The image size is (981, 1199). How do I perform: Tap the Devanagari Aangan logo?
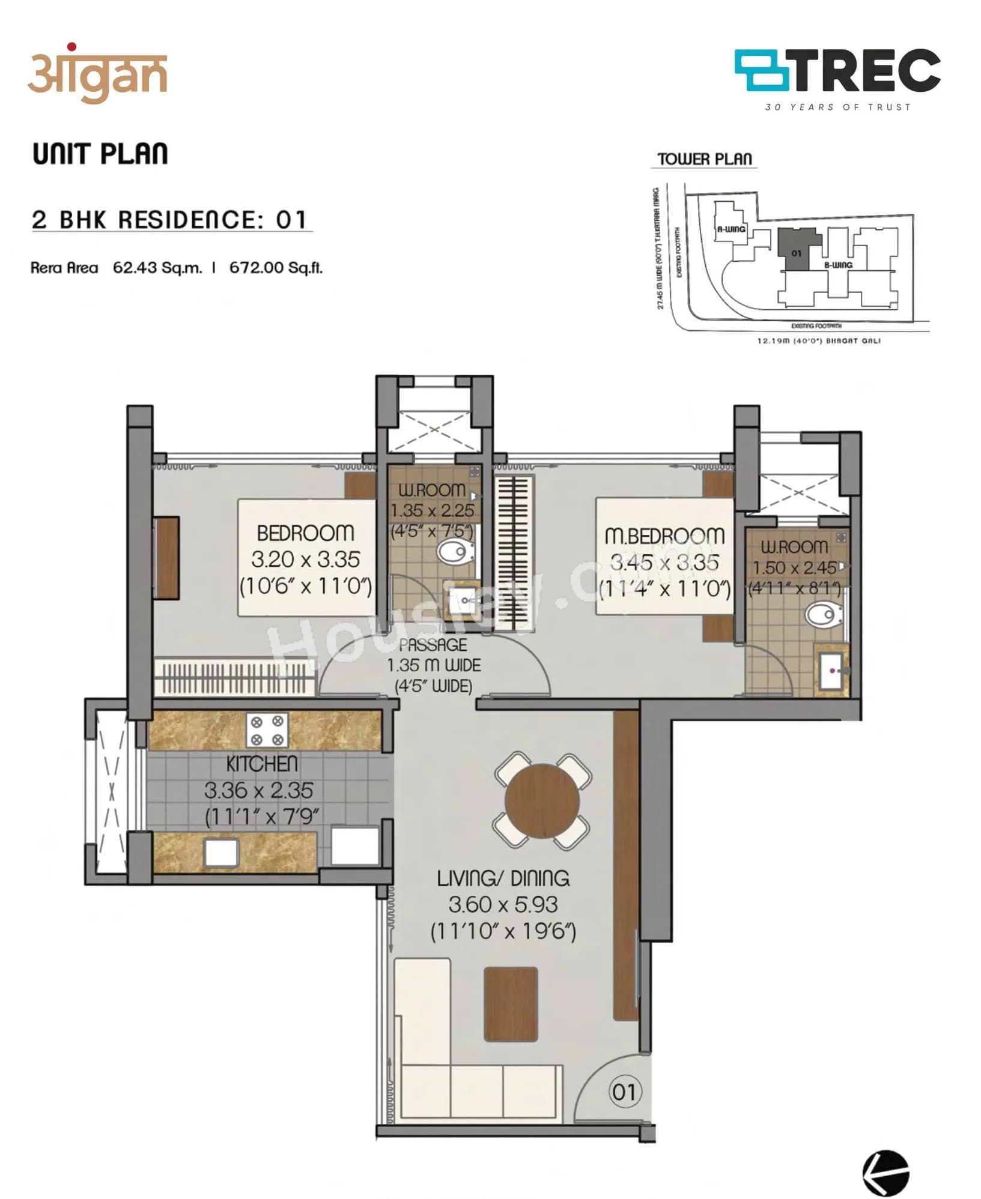click(97, 75)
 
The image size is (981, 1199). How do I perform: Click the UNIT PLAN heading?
click(100, 154)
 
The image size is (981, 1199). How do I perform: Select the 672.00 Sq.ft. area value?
click(276, 268)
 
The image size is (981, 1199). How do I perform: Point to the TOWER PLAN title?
click(704, 159)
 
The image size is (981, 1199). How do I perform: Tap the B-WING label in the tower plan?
click(838, 265)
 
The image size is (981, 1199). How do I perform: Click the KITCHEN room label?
click(262, 764)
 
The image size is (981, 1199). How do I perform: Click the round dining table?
click(542, 800)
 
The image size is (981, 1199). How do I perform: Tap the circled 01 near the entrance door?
click(625, 1092)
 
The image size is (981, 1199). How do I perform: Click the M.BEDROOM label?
click(664, 536)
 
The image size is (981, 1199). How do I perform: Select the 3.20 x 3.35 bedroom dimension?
click(305, 560)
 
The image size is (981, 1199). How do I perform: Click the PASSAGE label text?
click(433, 645)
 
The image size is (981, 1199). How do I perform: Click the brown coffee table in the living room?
click(511, 1004)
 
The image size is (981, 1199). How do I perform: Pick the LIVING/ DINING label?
click(503, 878)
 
